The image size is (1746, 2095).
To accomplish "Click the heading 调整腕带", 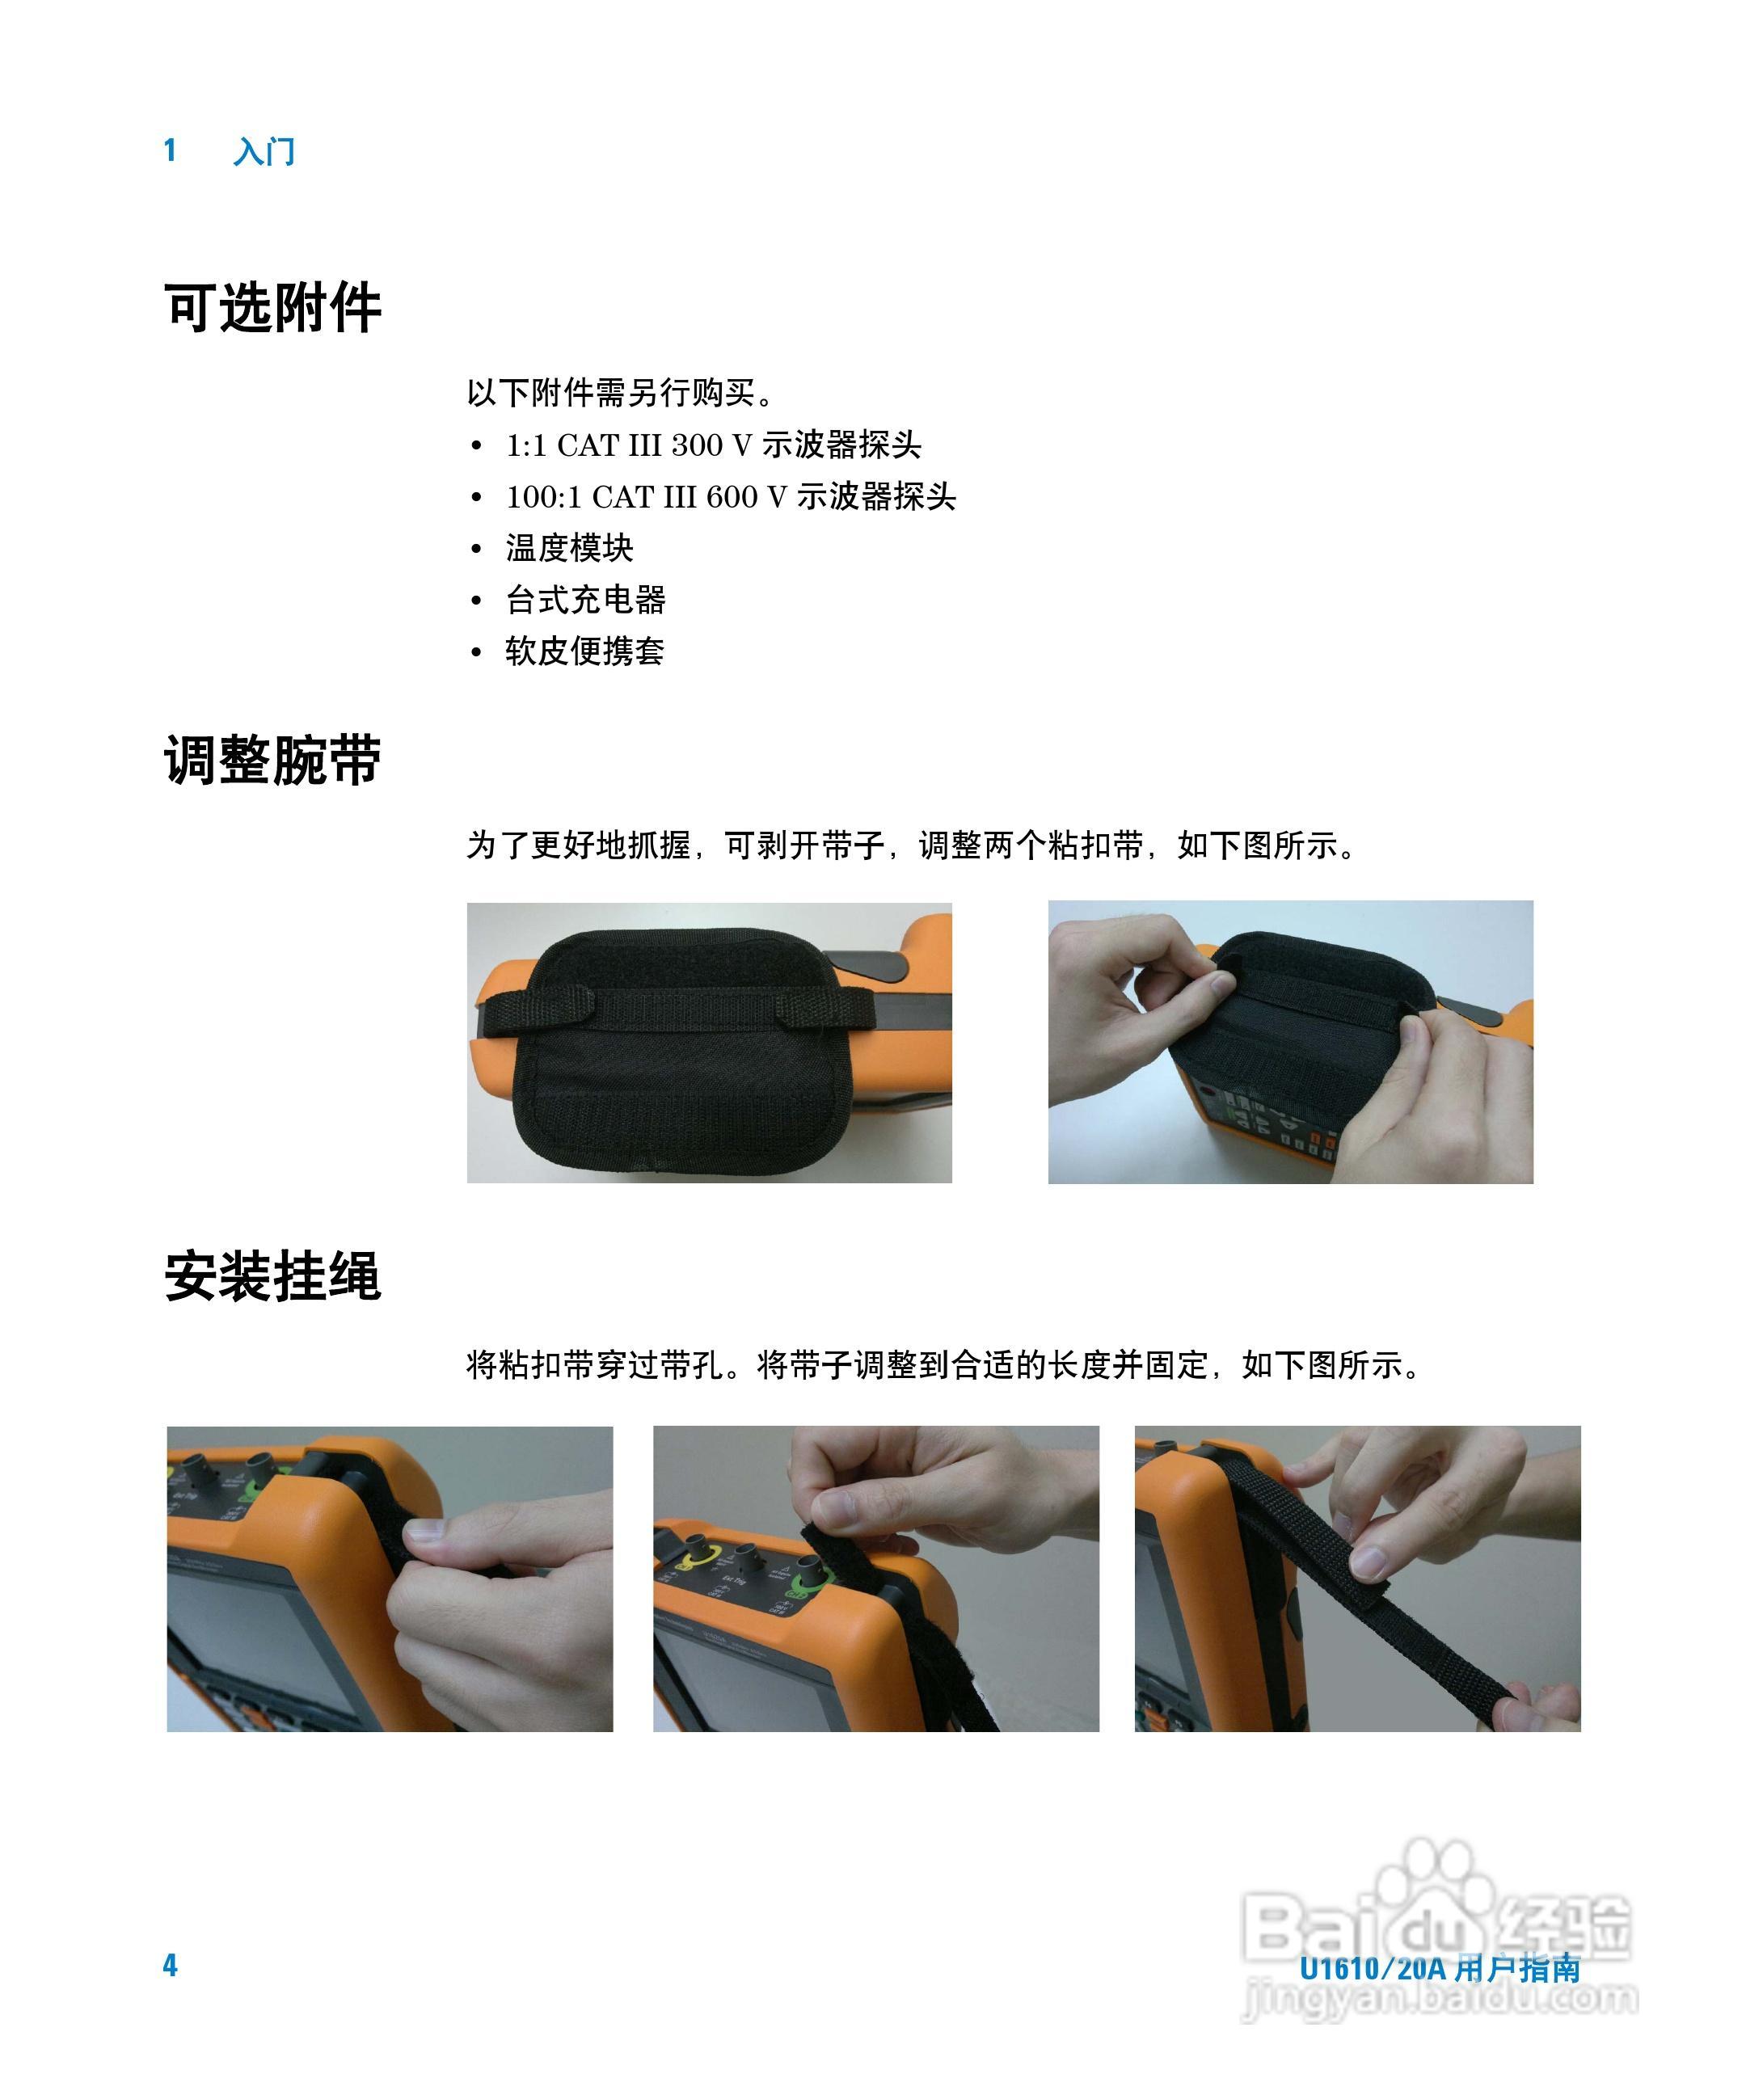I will (x=272, y=761).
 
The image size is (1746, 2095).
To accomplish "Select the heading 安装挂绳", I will (x=272, y=1276).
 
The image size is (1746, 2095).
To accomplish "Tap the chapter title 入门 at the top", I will (x=264, y=152).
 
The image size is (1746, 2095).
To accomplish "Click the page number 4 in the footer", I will (x=171, y=1966).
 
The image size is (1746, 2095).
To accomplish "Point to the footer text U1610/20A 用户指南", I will (x=1439, y=1968).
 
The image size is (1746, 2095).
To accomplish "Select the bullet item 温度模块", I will (x=569, y=548).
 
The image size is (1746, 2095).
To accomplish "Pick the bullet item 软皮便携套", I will (x=584, y=651).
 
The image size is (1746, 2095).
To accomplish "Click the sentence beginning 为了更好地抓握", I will (x=913, y=846).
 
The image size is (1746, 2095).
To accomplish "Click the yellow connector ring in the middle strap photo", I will (x=690, y=1558).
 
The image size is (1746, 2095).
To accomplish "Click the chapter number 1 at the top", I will (x=171, y=150).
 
